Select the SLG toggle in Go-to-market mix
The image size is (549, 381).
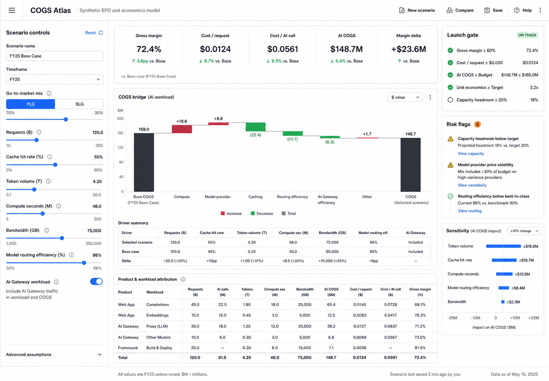[79, 104]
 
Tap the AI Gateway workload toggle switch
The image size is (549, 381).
[96, 281]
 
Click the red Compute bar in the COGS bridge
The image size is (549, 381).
[182, 129]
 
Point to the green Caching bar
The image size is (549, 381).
[256, 127]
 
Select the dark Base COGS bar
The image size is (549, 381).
[144, 162]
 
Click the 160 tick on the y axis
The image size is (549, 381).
[120, 133]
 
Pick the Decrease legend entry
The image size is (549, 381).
[262, 213]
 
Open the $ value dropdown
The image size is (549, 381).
[405, 97]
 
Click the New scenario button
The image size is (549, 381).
[417, 10]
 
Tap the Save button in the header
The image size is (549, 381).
[493, 10]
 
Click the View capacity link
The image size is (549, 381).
[471, 153]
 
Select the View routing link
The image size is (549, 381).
[469, 211]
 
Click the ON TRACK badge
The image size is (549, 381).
[527, 35]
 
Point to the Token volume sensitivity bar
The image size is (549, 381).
[503, 246]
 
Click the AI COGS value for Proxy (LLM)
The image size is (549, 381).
[331, 326]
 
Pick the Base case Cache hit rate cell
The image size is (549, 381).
[212, 252]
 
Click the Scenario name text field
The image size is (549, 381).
[55, 56]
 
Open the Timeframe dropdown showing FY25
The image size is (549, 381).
[55, 79]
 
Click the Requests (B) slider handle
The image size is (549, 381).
[36, 140]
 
